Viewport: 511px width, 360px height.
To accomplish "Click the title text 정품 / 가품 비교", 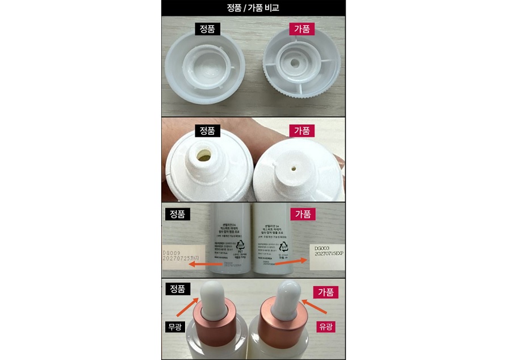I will point(253,7).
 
